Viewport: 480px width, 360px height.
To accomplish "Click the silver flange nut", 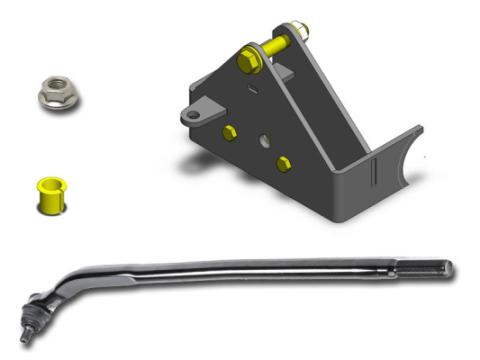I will pyautogui.click(x=55, y=94).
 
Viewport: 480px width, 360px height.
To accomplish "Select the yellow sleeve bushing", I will pyautogui.click(x=50, y=194).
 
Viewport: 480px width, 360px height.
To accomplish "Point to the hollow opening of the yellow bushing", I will pyautogui.click(x=49, y=185).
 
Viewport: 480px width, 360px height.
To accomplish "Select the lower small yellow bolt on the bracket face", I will pyautogui.click(x=284, y=163).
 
